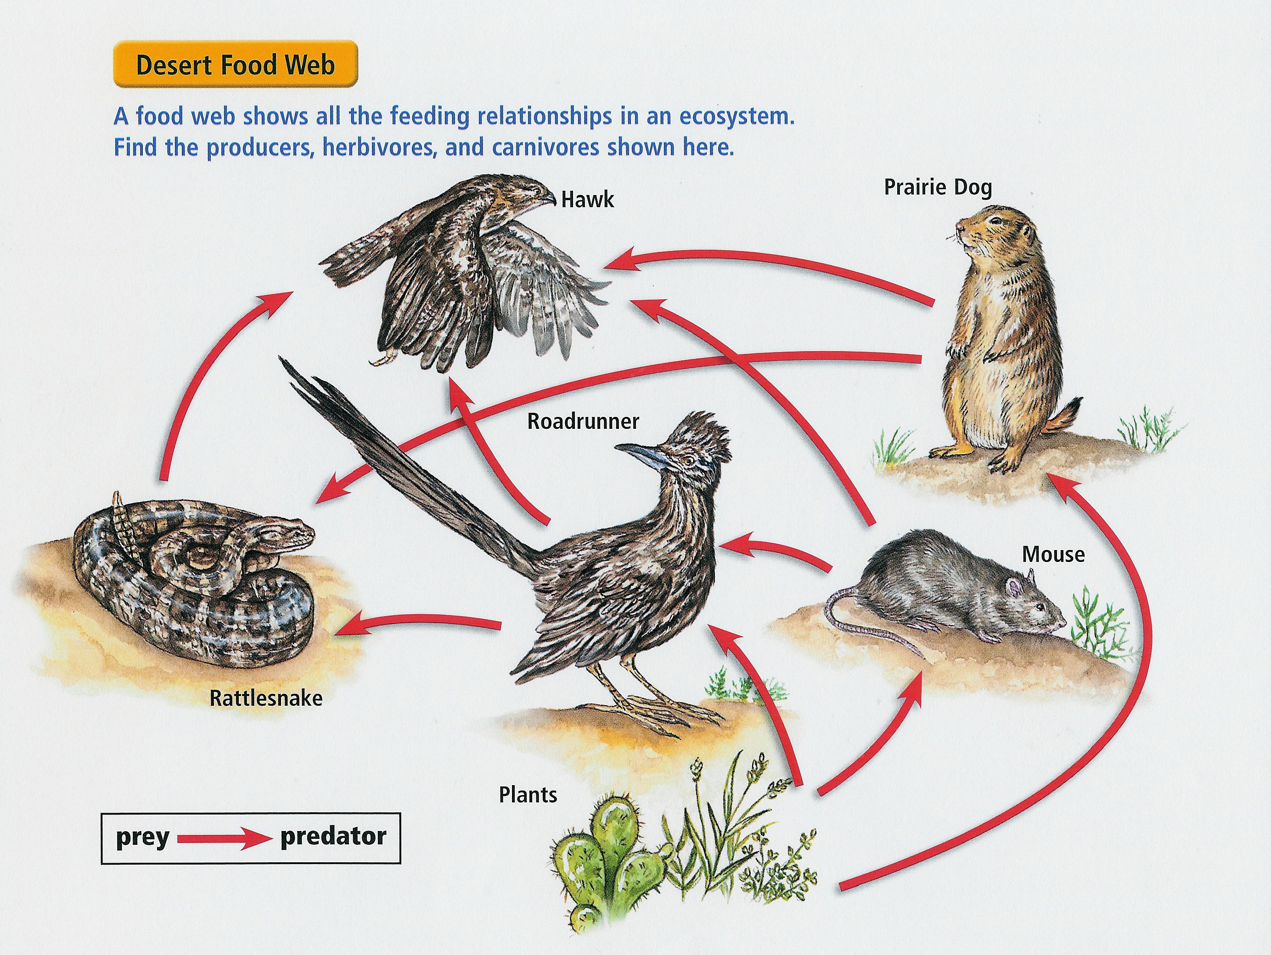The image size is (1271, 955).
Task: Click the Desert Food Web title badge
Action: (x=235, y=64)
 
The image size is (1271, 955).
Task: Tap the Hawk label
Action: (x=587, y=200)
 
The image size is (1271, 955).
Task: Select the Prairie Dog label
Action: (x=937, y=187)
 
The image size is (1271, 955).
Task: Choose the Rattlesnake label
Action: (x=265, y=698)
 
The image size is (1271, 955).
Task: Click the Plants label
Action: (x=528, y=795)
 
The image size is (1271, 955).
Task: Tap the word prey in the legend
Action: (x=142, y=837)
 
